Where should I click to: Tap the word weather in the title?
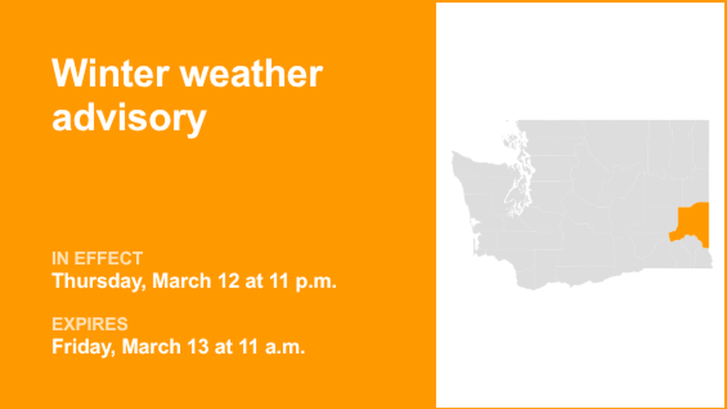point(251,74)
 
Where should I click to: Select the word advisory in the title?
point(129,118)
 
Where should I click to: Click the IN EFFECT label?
point(97,258)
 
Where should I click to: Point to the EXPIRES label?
point(90,324)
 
